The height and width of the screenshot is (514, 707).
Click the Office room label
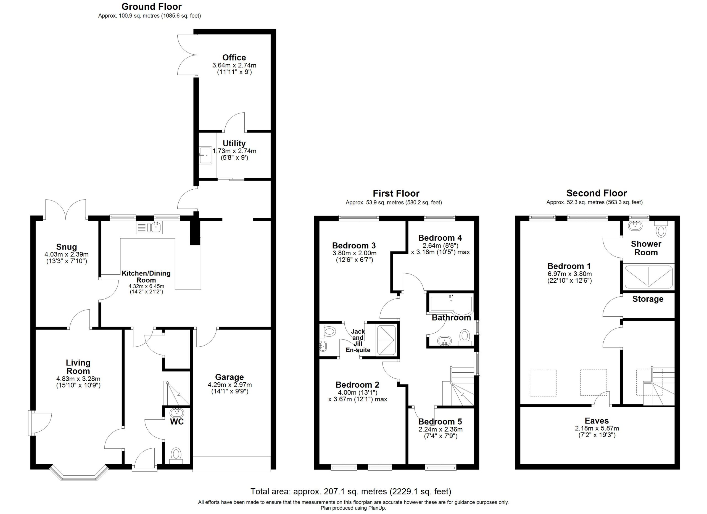click(234, 58)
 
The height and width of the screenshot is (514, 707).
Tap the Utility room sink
click(205, 155)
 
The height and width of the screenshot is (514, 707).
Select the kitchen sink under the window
click(149, 227)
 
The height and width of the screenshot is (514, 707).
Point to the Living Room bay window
click(79, 473)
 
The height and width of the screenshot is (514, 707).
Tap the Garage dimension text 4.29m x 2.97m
click(230, 385)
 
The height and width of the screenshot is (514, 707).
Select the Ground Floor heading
click(152, 7)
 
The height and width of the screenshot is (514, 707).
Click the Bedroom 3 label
click(354, 245)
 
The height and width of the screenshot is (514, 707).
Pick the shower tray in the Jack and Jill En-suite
click(386, 340)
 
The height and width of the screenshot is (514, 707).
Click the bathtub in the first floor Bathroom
click(451, 303)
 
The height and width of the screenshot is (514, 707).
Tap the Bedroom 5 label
click(440, 422)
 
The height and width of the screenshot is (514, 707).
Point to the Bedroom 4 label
click(440, 238)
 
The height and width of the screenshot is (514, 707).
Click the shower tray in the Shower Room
click(648, 277)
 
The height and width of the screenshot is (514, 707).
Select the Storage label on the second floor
click(648, 299)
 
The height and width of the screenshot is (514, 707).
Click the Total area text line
click(351, 492)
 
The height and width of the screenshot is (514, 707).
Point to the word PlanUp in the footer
click(377, 508)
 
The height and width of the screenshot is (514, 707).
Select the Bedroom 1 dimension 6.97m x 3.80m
click(569, 274)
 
